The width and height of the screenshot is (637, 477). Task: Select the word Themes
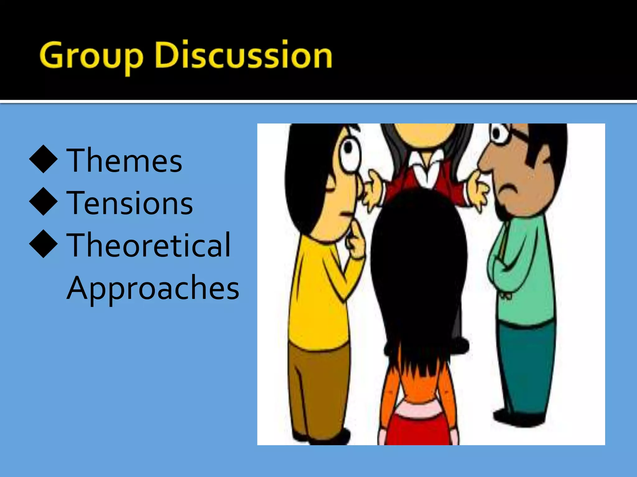pyautogui.click(x=124, y=161)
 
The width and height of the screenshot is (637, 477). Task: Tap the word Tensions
pyautogui.click(x=130, y=203)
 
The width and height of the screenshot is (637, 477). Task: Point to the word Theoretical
pyautogui.click(x=149, y=245)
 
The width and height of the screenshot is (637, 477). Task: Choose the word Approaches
pyautogui.click(x=153, y=288)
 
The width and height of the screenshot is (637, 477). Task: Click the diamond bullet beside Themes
pyautogui.click(x=43, y=159)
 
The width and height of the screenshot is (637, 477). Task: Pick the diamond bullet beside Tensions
pyautogui.click(x=43, y=202)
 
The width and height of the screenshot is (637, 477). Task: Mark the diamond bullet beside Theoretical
pyautogui.click(x=43, y=244)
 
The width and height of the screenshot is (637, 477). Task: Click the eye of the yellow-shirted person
pyautogui.click(x=349, y=149)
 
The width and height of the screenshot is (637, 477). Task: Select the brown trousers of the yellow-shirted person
pyautogui.click(x=317, y=388)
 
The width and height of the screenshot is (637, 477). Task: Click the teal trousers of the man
pyautogui.click(x=526, y=366)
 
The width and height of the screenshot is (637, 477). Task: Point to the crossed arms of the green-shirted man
pyautogui.click(x=510, y=264)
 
